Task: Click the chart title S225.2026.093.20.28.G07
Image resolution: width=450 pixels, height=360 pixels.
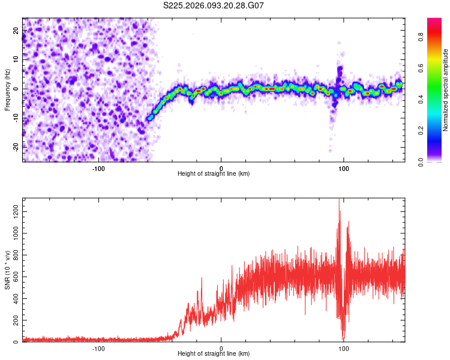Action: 214,5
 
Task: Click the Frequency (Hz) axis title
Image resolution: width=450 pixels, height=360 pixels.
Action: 7,89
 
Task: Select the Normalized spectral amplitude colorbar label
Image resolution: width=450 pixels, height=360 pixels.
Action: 445,90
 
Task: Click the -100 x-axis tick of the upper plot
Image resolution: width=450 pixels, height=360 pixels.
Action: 98,167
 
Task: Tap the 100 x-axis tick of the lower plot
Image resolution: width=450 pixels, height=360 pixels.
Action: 344,348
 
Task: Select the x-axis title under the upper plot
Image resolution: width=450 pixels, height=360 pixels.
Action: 214,173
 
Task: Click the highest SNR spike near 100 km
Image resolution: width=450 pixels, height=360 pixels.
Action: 339,200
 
